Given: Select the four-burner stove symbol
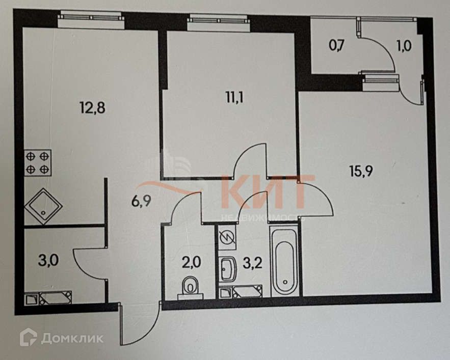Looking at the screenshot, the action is [x=38, y=162].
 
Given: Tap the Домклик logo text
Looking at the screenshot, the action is [x=72, y=338].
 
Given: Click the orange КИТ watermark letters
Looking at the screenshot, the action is [x=268, y=194].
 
